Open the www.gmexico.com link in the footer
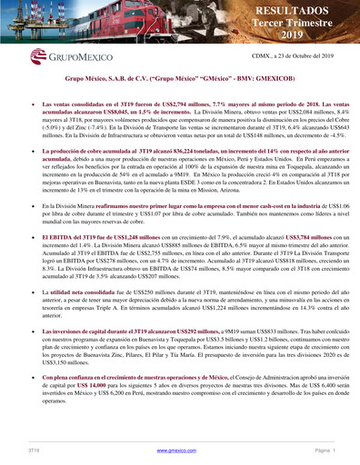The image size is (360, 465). [x=179, y=450]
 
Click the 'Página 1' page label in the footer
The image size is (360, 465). [x=322, y=450]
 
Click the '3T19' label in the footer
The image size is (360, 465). [x=34, y=450]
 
